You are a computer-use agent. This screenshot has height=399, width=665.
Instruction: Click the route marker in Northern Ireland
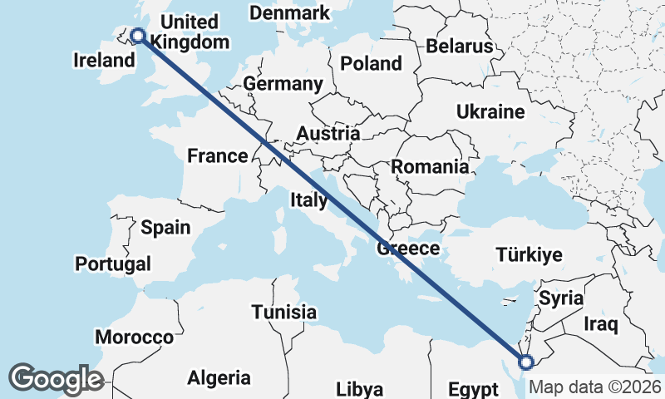pos(137,35)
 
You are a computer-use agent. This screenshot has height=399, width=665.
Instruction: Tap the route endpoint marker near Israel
pos(525,362)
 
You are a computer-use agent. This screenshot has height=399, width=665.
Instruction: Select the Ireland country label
pos(104,60)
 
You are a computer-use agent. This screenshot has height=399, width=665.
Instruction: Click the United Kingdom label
pos(192,32)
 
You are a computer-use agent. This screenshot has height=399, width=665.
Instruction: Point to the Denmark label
pos(289,13)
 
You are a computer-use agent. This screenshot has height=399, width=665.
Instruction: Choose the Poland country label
pos(371,63)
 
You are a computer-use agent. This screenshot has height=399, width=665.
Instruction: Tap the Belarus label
pos(460,46)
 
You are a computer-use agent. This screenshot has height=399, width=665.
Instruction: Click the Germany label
pos(283,84)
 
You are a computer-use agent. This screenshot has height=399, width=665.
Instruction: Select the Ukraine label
pos(490,111)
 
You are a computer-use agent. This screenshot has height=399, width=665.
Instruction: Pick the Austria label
pos(328,133)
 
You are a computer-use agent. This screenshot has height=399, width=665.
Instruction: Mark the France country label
pos(217,155)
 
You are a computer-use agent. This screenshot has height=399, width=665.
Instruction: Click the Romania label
pos(430,166)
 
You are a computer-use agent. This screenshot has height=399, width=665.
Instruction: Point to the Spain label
pos(165,227)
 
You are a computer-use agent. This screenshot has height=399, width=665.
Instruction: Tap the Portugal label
pos(113,264)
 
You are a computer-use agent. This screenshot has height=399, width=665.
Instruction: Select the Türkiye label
pos(529,254)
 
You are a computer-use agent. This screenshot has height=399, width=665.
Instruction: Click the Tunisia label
pos(284,312)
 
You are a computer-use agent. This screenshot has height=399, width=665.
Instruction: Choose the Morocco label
pos(134,337)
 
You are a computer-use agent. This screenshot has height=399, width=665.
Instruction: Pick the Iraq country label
pos(601,323)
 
